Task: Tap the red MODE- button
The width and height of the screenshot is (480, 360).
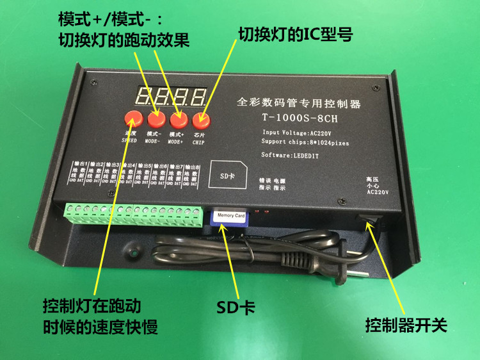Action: [x=156, y=119]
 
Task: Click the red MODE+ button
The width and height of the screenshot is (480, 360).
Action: [x=179, y=119]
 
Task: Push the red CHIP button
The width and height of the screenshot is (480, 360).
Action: [x=202, y=119]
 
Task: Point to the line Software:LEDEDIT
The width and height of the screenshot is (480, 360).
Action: [x=294, y=155]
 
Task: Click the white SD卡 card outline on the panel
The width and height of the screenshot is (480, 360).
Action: [x=227, y=175]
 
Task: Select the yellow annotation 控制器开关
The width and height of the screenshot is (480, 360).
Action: [x=405, y=324]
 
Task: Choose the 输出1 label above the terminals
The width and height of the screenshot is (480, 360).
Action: [x=80, y=166]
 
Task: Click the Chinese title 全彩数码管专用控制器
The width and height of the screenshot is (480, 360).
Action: [x=300, y=101]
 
